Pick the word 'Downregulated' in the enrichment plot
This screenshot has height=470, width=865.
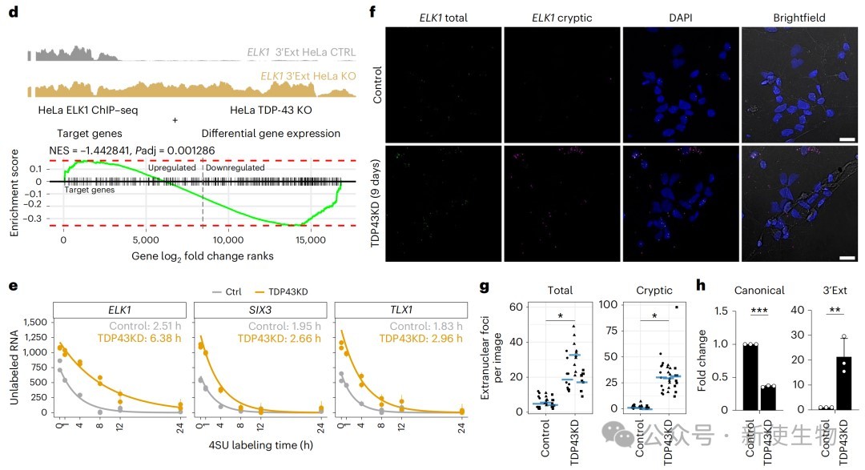[235, 168]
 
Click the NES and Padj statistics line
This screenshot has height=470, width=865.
[143, 150]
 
